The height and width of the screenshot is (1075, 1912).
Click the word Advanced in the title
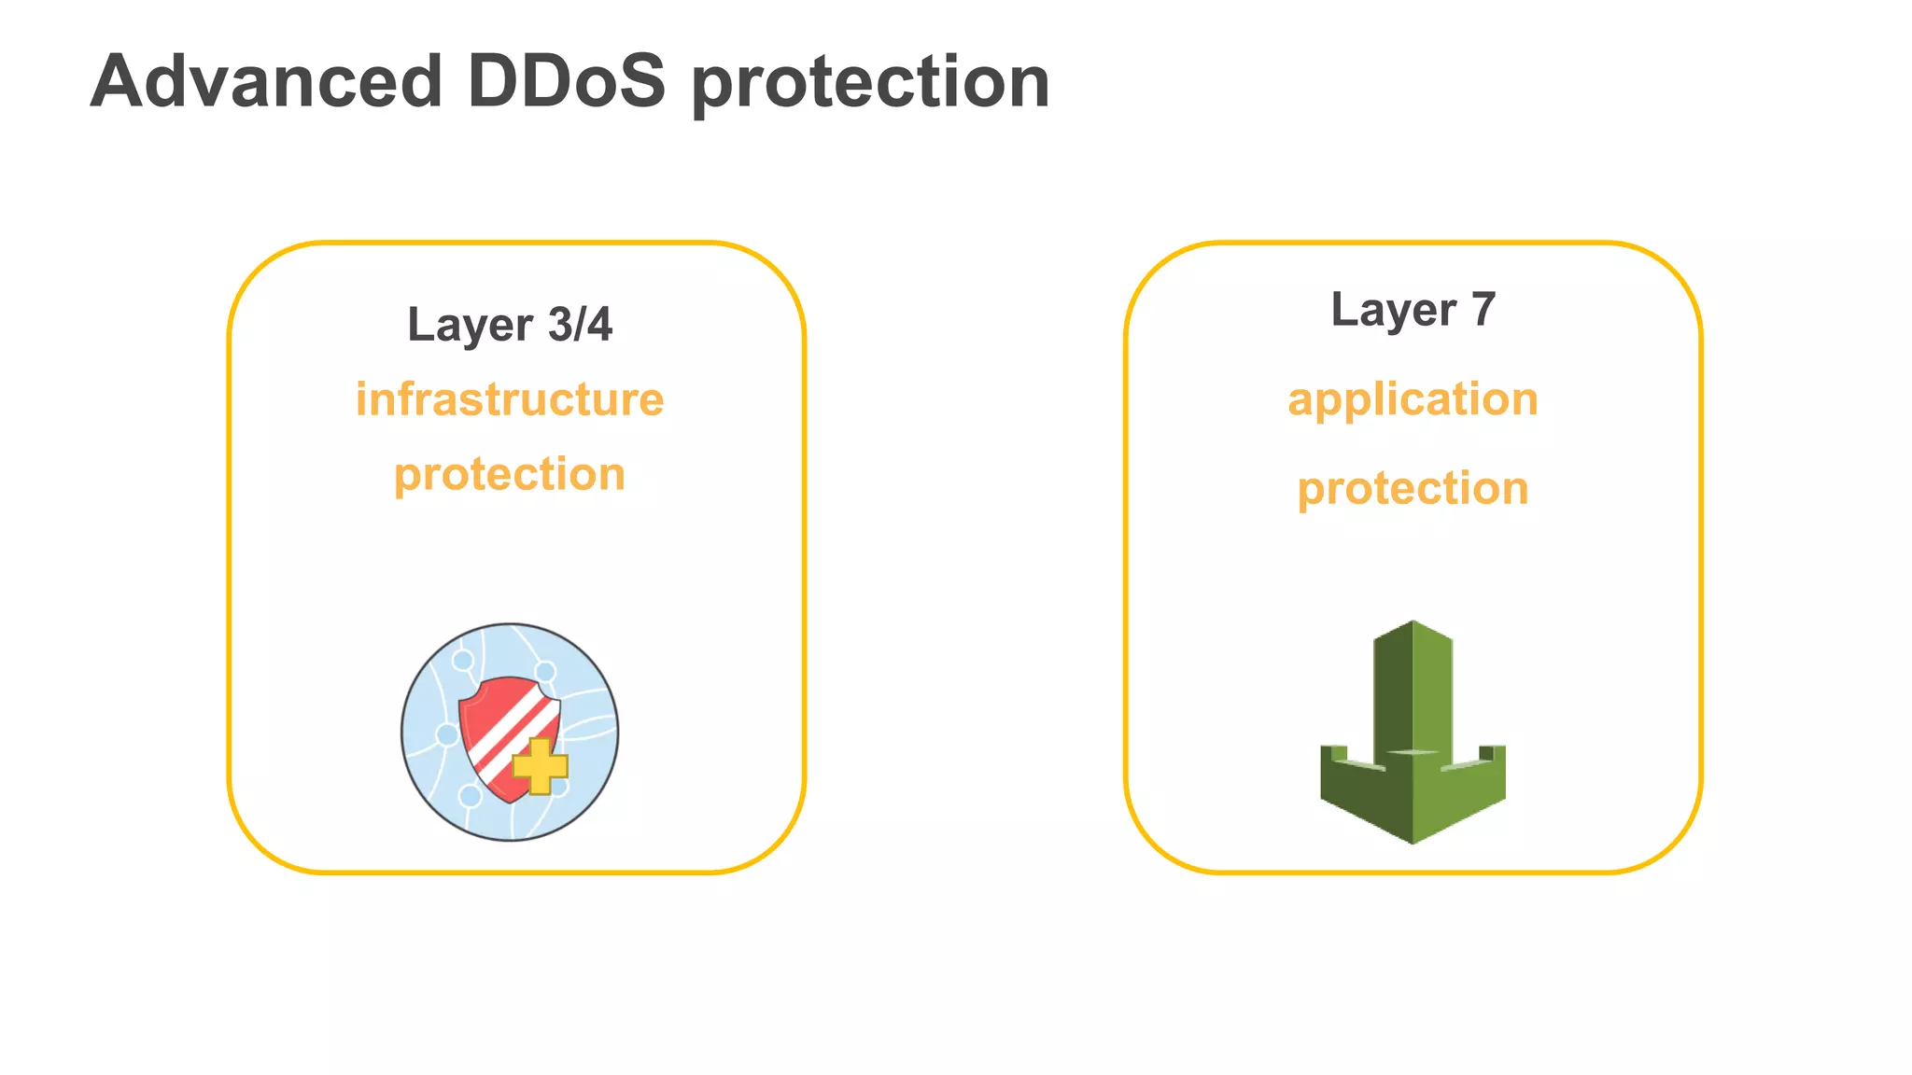tap(266, 82)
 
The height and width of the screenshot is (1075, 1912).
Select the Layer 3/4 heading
tap(510, 325)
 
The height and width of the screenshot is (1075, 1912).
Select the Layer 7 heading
tap(1413, 310)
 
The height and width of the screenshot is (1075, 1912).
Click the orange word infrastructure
tap(510, 399)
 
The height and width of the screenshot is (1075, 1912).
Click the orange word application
tap(1413, 399)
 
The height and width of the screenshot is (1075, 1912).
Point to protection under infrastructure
tap(510, 474)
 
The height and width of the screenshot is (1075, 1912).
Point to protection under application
tap(1413, 488)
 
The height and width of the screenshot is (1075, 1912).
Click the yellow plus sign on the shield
tap(541, 766)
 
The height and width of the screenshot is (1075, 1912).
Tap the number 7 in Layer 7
tap(1483, 310)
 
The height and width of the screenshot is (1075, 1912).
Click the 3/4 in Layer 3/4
tap(580, 325)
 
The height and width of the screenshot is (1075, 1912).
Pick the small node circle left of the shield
tap(447, 734)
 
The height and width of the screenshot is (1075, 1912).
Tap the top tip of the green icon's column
tap(1413, 623)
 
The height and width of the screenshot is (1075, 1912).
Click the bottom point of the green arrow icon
tap(1413, 841)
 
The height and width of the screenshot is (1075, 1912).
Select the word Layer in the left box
tap(470, 325)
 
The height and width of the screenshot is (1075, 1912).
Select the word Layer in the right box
tap(1393, 310)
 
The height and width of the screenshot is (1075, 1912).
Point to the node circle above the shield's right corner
tap(546, 672)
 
